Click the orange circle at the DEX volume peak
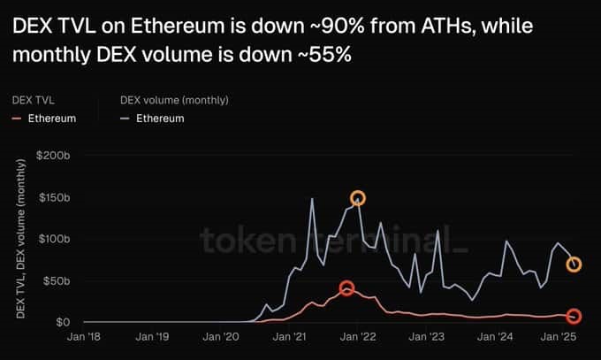coord(357,198)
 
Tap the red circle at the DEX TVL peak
coord(347,288)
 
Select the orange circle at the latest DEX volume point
coord(574,264)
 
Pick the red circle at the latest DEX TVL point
coord(574,317)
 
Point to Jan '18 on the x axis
coord(85,337)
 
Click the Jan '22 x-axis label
coord(358,337)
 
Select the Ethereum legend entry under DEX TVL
coord(50,119)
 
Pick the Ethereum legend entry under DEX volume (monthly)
coord(159,119)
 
